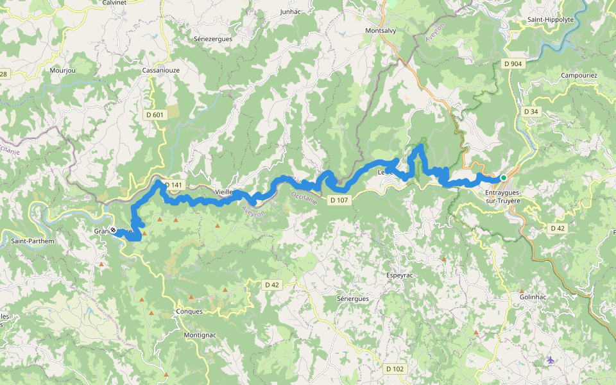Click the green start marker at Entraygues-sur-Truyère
click(x=504, y=178)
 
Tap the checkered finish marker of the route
click(x=113, y=230)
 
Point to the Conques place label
click(x=189, y=312)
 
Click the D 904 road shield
click(x=513, y=64)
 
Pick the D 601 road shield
click(x=155, y=115)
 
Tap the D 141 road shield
click(x=173, y=185)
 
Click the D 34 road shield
click(x=531, y=112)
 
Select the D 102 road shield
click(x=395, y=369)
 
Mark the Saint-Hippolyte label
click(x=550, y=20)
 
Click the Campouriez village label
click(x=579, y=76)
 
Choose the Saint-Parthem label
click(x=33, y=241)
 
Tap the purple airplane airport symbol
click(x=551, y=360)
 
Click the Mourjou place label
click(x=62, y=70)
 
